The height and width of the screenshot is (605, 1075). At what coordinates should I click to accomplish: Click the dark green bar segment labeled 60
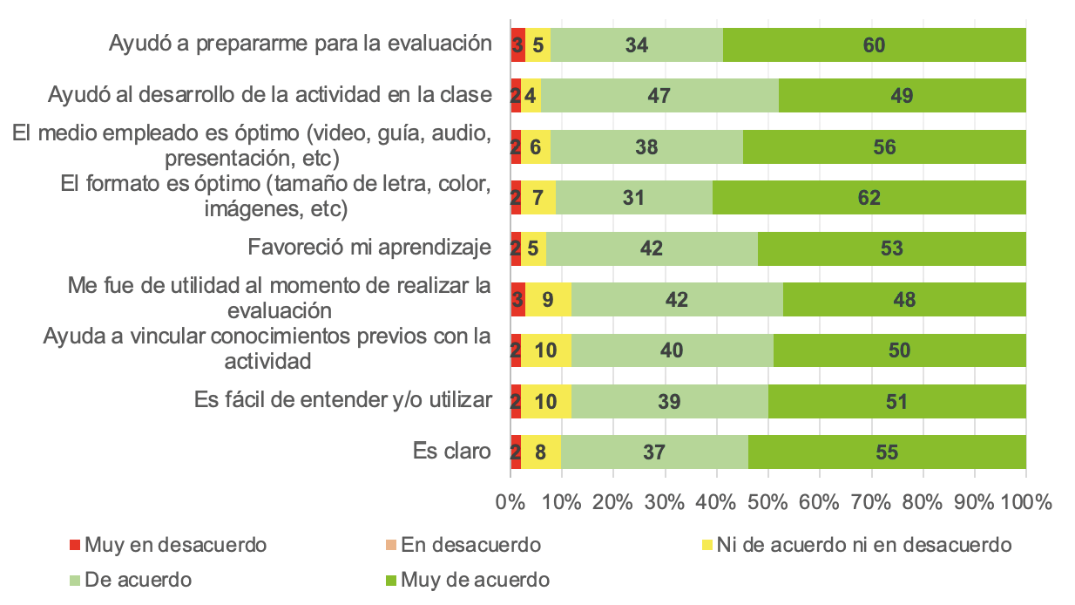(874, 44)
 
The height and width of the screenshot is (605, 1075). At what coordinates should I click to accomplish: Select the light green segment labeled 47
(659, 96)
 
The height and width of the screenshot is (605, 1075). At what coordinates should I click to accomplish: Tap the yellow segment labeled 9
(548, 300)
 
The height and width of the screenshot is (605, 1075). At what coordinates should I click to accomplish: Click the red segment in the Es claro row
(516, 452)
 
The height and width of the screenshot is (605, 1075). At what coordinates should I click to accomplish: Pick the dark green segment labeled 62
(869, 198)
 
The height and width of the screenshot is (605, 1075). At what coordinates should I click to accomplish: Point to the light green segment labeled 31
(634, 198)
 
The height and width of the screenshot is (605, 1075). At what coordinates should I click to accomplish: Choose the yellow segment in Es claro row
(541, 452)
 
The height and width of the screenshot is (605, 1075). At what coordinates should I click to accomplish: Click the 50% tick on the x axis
(767, 503)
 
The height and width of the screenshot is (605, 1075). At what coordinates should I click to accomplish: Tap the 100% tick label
(1026, 503)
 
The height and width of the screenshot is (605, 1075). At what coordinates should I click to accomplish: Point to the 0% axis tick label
(510, 503)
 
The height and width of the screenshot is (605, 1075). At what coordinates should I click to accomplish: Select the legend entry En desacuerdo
(462, 546)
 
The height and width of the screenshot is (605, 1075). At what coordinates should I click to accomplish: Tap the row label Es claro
(452, 452)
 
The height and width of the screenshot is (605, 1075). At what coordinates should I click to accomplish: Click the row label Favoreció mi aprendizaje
(369, 248)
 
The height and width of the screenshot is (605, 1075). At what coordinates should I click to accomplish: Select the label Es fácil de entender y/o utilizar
(342, 401)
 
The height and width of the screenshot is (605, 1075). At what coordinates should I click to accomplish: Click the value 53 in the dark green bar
(891, 248)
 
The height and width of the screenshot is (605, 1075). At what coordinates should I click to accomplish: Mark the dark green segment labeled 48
(904, 300)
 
